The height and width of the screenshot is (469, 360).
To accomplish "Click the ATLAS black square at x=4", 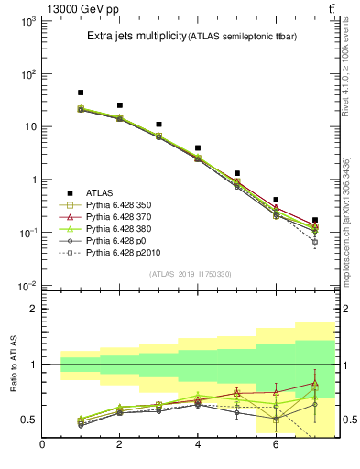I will click(198, 147).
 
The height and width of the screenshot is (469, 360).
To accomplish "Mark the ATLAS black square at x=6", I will click(276, 200).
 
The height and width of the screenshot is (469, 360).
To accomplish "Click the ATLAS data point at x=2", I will click(120, 105).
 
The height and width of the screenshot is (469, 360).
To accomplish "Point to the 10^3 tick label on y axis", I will click(27, 20).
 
